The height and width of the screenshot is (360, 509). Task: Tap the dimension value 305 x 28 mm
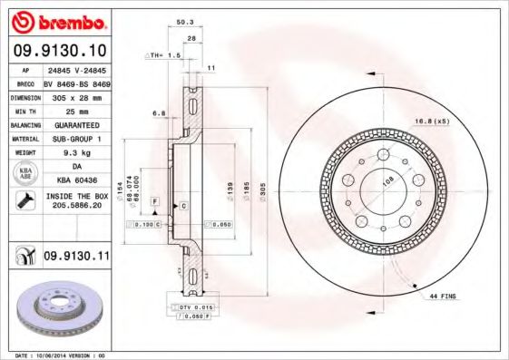click(x=77, y=95)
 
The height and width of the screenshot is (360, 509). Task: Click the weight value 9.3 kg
click(x=77, y=153)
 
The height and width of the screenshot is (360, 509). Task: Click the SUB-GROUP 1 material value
click(x=77, y=139)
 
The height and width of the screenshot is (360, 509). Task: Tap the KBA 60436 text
click(x=77, y=182)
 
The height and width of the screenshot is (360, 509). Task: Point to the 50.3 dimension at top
click(x=184, y=21)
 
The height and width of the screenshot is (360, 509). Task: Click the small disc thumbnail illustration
click(x=63, y=310)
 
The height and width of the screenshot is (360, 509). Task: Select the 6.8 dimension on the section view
click(x=158, y=113)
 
